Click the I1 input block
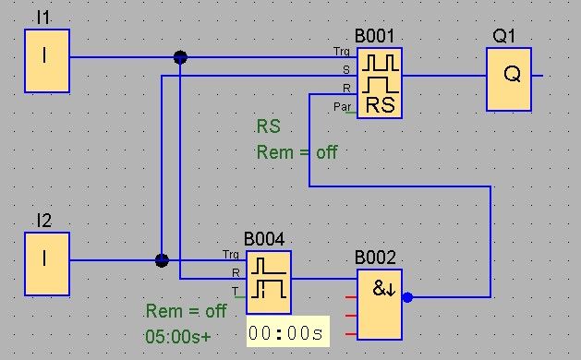pyautogui.click(x=47, y=61)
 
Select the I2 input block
pyautogui.click(x=47, y=264)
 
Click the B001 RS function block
pyautogui.click(x=380, y=83)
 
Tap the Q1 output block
pyautogui.click(x=509, y=79)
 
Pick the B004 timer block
pyautogui.click(x=269, y=282)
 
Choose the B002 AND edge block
pyautogui.click(x=380, y=305)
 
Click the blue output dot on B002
pyautogui.click(x=407, y=297)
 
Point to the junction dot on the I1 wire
pyautogui.click(x=180, y=57)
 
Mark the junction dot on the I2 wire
pyautogui.click(x=162, y=260)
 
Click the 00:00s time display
pyautogui.click(x=288, y=332)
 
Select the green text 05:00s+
pyautogui.click(x=178, y=336)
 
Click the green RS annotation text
pyautogui.click(x=269, y=126)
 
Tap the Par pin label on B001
pyautogui.click(x=342, y=107)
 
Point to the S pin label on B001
pyautogui.click(x=346, y=70)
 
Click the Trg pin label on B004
pyautogui.click(x=231, y=255)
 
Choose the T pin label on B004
pyautogui.click(x=235, y=291)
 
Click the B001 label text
pyautogui.click(x=374, y=36)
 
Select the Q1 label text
pyautogui.click(x=504, y=36)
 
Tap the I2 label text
pyautogui.click(x=44, y=221)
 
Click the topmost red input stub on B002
pyautogui.click(x=351, y=297)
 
